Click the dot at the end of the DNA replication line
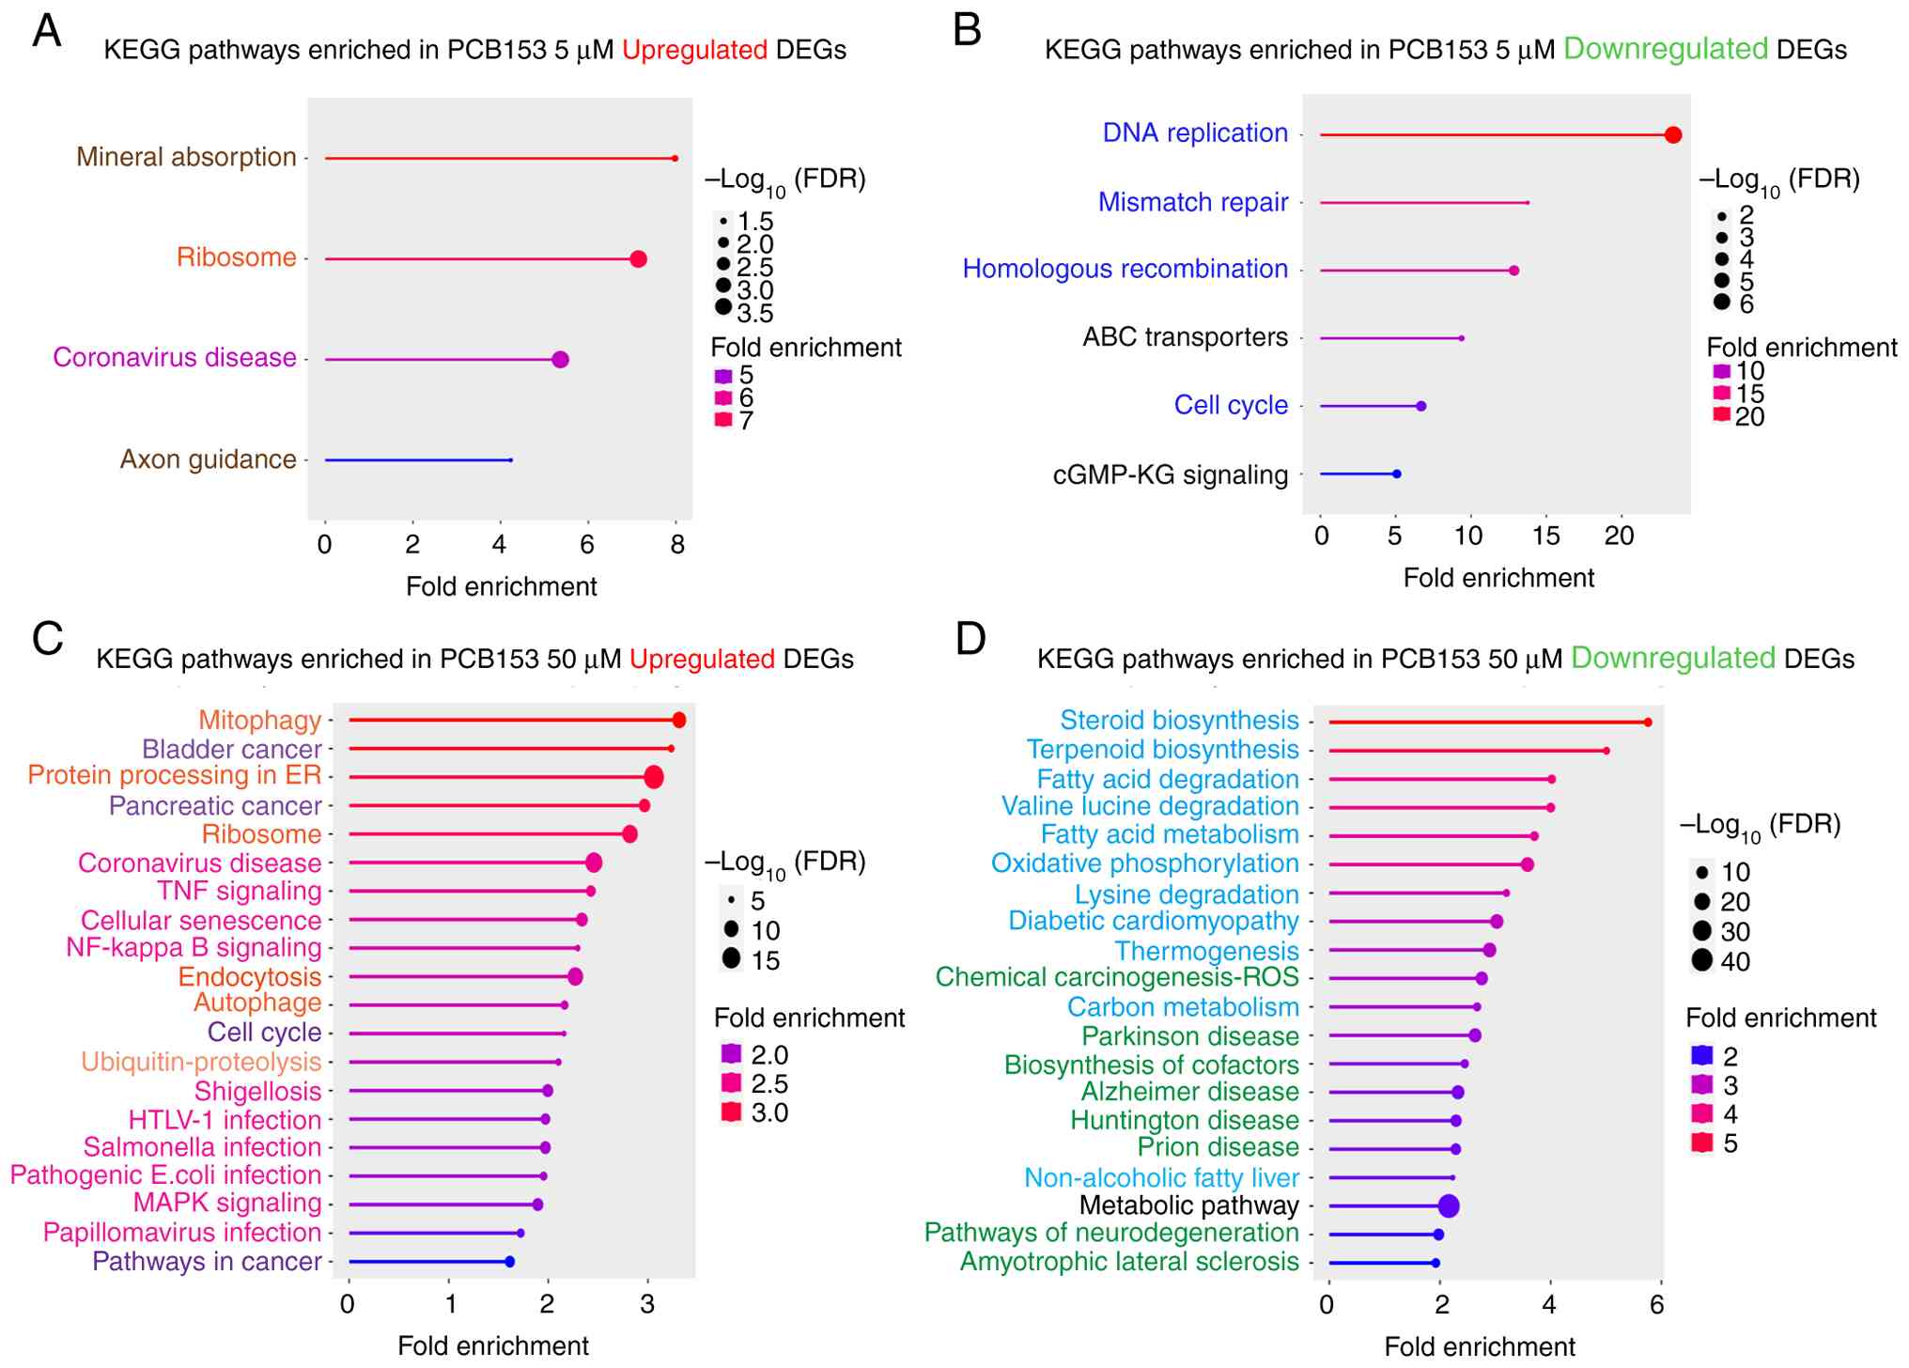click(x=1672, y=135)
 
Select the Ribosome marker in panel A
click(x=638, y=259)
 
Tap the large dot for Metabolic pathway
click(x=1448, y=1206)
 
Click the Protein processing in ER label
click(x=175, y=775)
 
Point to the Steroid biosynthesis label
click(x=1179, y=721)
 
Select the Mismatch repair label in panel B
click(x=1193, y=202)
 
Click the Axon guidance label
click(x=208, y=459)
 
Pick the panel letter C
click(x=47, y=639)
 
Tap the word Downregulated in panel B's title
click(x=1665, y=49)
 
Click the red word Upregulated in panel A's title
click(x=694, y=50)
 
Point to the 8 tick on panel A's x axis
click(x=676, y=545)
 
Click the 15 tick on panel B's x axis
click(x=1545, y=536)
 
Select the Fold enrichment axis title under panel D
click(x=1480, y=1346)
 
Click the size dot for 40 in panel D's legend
click(x=1702, y=960)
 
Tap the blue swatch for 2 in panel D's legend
click(x=1701, y=1055)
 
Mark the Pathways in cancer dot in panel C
click(x=509, y=1262)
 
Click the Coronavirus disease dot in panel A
click(x=560, y=360)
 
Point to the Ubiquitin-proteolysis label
click(x=201, y=1062)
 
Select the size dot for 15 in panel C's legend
click(x=731, y=959)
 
